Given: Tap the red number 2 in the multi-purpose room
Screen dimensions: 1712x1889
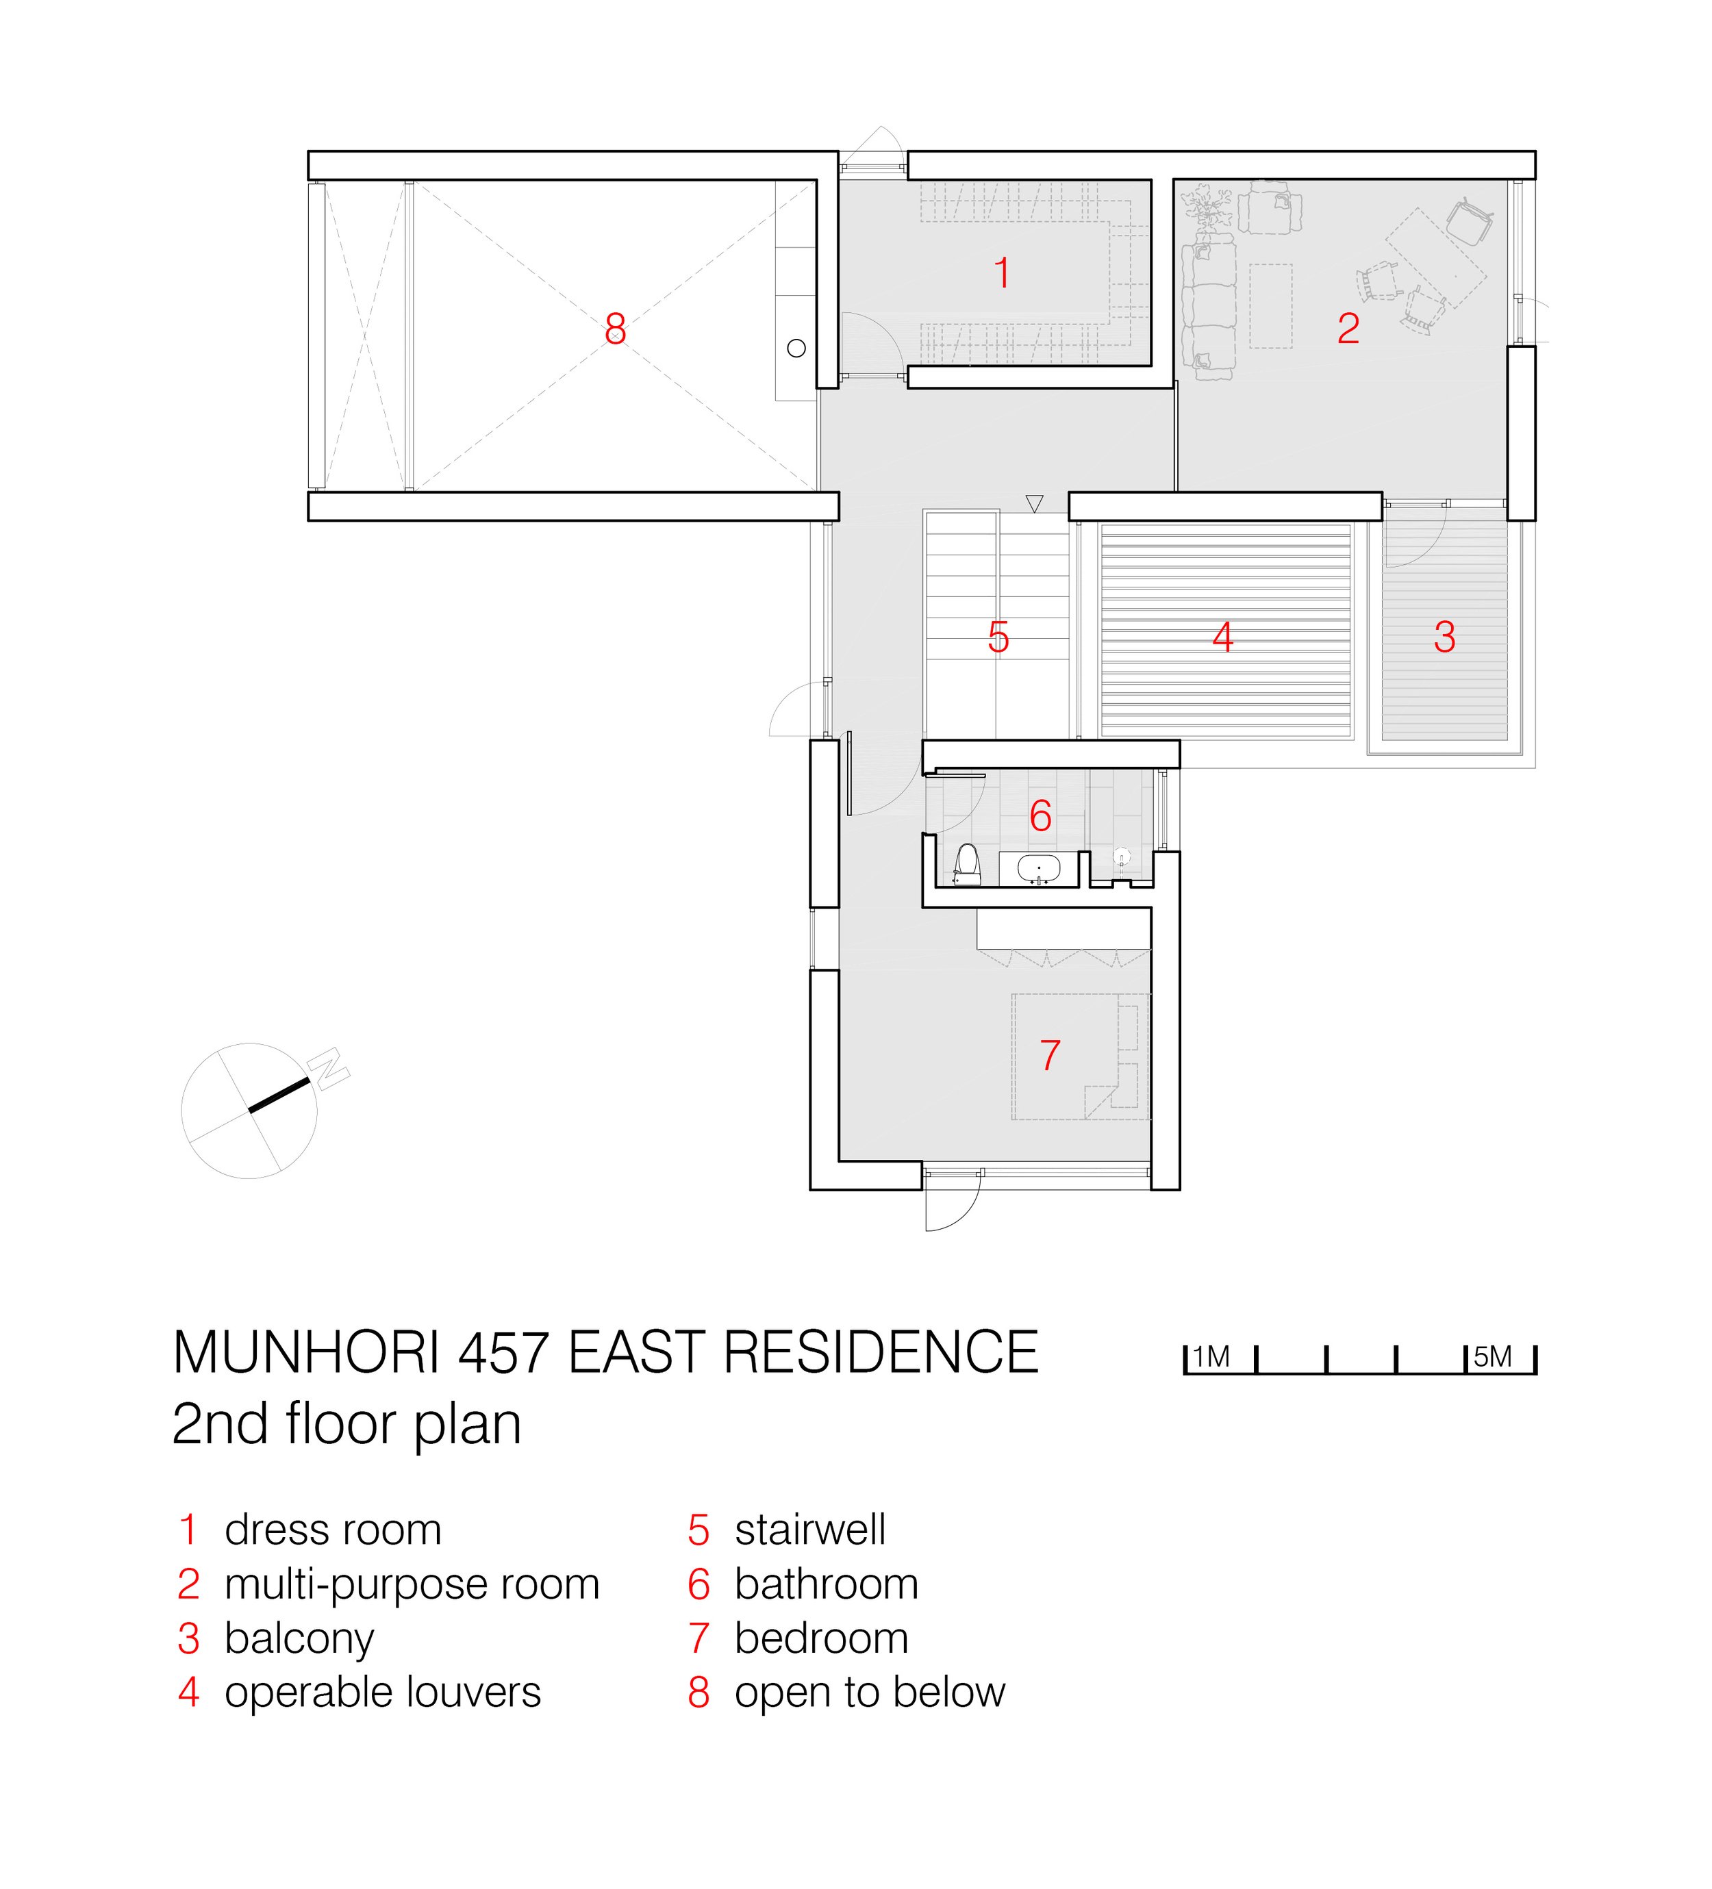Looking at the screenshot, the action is tap(1348, 328).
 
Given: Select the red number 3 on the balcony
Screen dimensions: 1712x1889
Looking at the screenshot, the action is tap(1444, 637).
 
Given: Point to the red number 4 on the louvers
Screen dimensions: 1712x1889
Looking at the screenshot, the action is tap(1222, 637).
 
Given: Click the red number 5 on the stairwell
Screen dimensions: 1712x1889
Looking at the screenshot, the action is tap(998, 637).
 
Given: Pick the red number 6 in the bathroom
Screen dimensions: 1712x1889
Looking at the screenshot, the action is tap(1040, 816).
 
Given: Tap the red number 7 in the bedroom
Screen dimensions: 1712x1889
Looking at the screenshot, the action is tap(1050, 1055).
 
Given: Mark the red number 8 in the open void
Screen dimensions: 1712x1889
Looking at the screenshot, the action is tap(615, 329).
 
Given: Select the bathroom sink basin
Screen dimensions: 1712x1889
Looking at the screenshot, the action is tap(1038, 869).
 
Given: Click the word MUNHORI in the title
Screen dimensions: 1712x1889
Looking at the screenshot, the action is tap(306, 1352).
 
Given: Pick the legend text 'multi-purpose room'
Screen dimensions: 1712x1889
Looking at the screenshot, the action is tap(412, 1584).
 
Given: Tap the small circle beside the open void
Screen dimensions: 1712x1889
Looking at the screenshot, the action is tap(796, 348).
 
